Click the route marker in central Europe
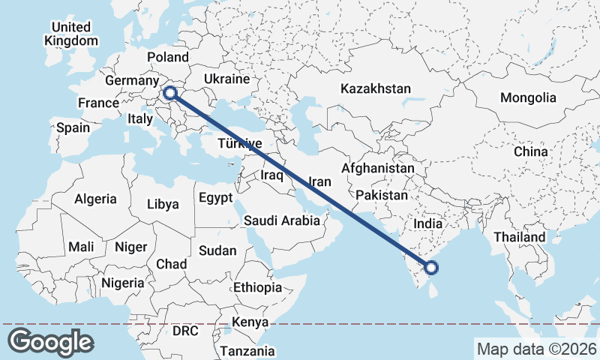tap(170, 93)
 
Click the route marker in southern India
tap(431, 267)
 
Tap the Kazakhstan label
tap(376, 88)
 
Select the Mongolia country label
tap(529, 97)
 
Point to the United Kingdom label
tap(71, 34)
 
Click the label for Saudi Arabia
tap(282, 220)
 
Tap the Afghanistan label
tap(377, 169)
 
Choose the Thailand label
tap(520, 237)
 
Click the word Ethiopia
tap(257, 287)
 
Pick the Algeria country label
tap(95, 199)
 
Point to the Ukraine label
tap(226, 79)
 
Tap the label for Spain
tap(73, 127)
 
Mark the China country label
tap(531, 151)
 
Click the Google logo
tap(50, 341)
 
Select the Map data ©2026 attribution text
tap(536, 349)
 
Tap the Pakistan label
tap(382, 195)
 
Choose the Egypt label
tap(217, 199)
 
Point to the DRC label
tap(185, 330)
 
